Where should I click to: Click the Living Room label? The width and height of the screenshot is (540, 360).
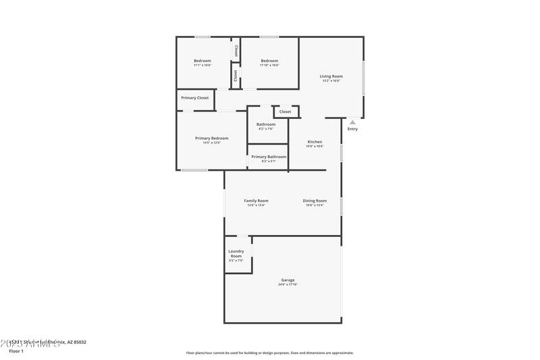coord(331,76)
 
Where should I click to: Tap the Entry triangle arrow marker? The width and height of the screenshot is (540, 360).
coord(352,122)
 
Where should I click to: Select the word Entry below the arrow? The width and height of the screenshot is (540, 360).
coord(352,129)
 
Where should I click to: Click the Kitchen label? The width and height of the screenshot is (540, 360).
coord(315,142)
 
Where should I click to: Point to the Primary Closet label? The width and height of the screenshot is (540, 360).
coord(194,98)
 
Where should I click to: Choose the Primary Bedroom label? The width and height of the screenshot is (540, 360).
coord(211,138)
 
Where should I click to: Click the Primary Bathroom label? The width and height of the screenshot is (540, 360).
coord(269,157)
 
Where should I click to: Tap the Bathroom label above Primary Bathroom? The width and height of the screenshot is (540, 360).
coord(266,124)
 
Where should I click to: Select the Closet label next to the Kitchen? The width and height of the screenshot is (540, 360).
coord(285,111)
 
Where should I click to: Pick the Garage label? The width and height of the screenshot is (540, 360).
coord(288,280)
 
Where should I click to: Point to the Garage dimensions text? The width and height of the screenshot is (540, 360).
coord(288,284)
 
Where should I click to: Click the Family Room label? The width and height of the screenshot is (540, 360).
coord(256,201)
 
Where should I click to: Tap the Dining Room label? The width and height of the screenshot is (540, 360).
coord(315,201)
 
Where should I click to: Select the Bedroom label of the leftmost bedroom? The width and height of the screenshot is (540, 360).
coord(202,61)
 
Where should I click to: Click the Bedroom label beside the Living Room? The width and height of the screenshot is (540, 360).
coord(269,61)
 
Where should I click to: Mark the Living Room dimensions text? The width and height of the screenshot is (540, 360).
coord(331,81)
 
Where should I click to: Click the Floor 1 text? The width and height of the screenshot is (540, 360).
coord(16,351)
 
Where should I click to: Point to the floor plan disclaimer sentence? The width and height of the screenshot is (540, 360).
coord(269,353)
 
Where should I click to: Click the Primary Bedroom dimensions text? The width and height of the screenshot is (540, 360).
coord(211,143)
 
